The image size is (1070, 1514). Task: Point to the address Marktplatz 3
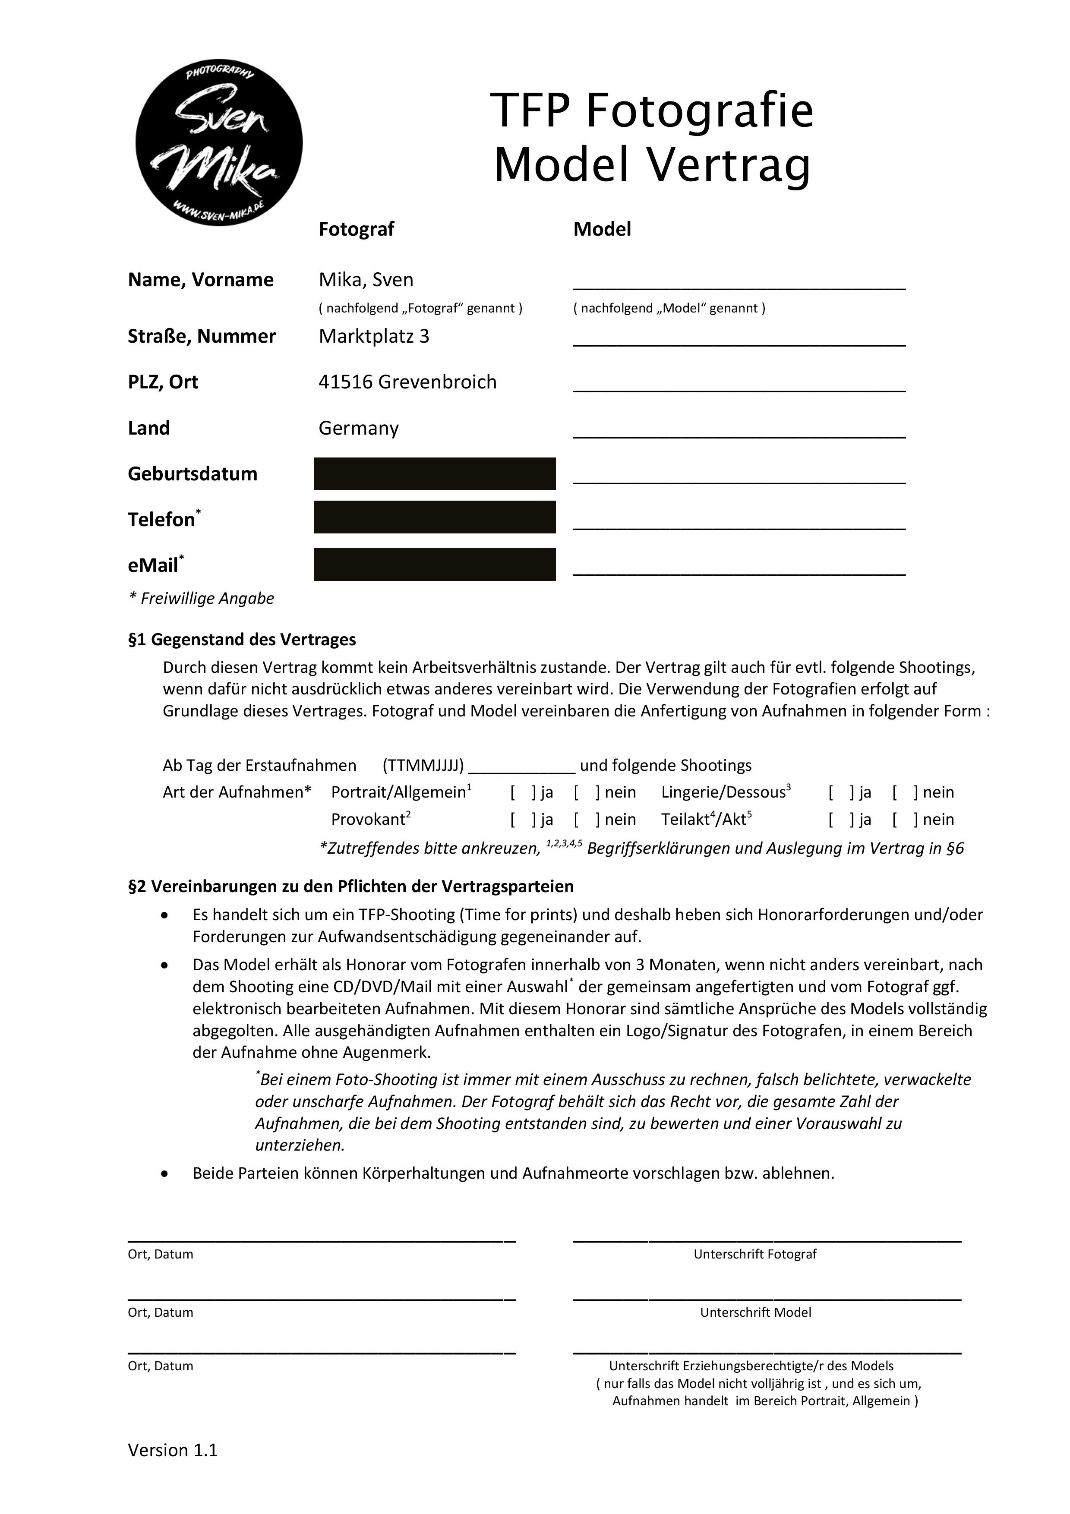pyautogui.click(x=374, y=336)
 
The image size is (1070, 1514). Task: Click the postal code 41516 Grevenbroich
pyautogui.click(x=407, y=382)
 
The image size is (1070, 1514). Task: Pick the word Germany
pyautogui.click(x=359, y=428)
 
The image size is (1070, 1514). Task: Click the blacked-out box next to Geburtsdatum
pyautogui.click(x=435, y=473)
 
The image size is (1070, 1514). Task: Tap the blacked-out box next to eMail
pyautogui.click(x=435, y=565)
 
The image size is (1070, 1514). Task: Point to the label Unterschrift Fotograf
pyautogui.click(x=755, y=1254)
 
